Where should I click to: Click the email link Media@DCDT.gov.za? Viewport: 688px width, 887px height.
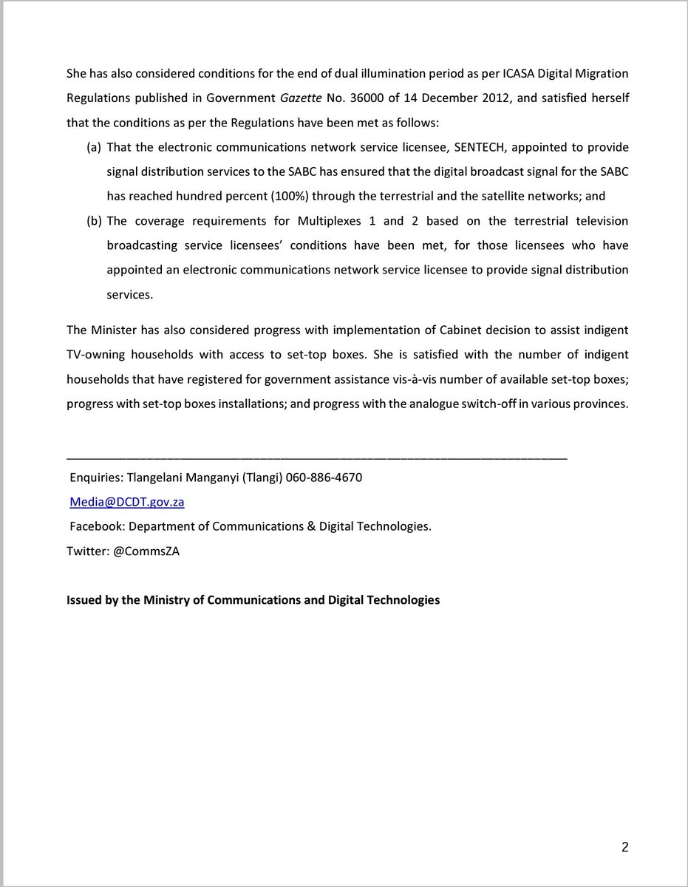click(x=126, y=502)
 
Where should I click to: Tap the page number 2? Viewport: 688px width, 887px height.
click(x=624, y=847)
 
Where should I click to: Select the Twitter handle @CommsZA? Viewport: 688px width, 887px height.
click(x=147, y=551)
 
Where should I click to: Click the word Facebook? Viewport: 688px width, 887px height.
click(x=95, y=526)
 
